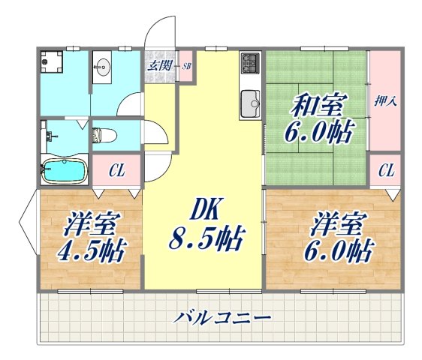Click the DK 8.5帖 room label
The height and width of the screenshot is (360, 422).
(x=203, y=225)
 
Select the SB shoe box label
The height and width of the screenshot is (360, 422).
(x=185, y=66)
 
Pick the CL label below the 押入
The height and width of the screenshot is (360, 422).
(x=385, y=172)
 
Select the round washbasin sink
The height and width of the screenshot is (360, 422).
(x=103, y=70)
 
